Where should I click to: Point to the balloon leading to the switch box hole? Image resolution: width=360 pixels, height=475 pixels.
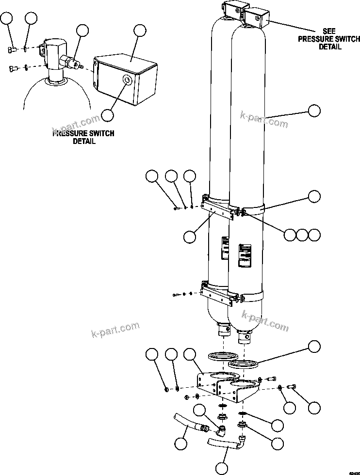pyautogui.click(x=108, y=115)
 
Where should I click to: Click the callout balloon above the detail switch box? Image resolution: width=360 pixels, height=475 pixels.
pyautogui.click(x=139, y=30)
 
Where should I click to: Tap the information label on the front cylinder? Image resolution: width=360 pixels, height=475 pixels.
pyautogui.click(x=245, y=253)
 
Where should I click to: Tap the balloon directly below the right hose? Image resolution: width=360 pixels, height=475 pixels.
pyautogui.click(x=222, y=468)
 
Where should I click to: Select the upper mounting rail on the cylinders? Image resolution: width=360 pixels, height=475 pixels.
pyautogui.click(x=217, y=209)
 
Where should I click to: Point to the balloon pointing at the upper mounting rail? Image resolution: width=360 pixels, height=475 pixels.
pyautogui.click(x=190, y=236)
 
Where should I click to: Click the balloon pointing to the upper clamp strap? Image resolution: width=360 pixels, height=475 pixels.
pyautogui.click(x=314, y=196)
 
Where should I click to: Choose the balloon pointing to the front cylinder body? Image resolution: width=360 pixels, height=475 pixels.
pyautogui.click(x=314, y=111)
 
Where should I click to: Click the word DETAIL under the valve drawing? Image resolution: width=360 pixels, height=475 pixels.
pyautogui.click(x=83, y=142)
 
